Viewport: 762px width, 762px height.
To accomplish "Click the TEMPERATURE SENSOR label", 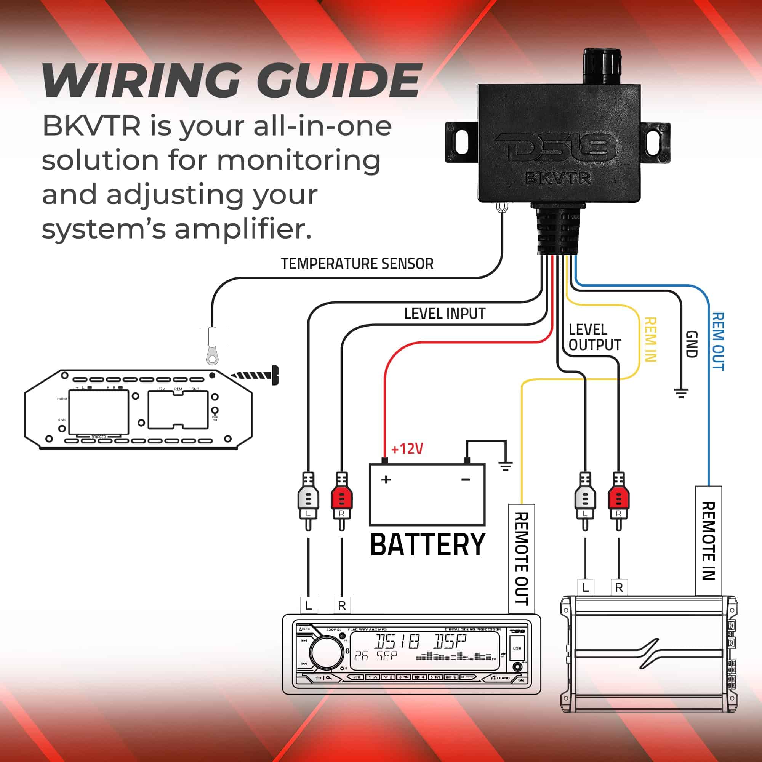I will point(357,264).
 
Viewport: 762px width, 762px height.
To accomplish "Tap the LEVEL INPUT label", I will point(445,314).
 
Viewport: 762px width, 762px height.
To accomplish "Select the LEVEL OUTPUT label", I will point(594,338).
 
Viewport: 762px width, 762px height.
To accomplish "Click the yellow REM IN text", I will point(650,339).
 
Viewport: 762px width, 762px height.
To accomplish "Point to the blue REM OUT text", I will point(718,341).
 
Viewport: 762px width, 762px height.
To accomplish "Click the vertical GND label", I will point(692,344).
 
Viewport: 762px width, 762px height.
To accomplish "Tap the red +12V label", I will point(407,449).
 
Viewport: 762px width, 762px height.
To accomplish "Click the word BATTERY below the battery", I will point(427,545).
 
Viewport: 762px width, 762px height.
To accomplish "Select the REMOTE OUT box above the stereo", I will point(522,559).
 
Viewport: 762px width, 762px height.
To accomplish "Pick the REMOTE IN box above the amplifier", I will point(708,541).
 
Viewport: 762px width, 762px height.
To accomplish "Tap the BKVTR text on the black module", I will point(558,179).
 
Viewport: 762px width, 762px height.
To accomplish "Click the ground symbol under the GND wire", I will point(681,393).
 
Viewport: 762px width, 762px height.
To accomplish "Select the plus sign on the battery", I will point(386,480).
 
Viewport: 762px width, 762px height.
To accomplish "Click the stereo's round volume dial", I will point(326,652).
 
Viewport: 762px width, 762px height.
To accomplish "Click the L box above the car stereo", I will point(309,605).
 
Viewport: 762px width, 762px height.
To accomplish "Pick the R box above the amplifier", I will point(619,588).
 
